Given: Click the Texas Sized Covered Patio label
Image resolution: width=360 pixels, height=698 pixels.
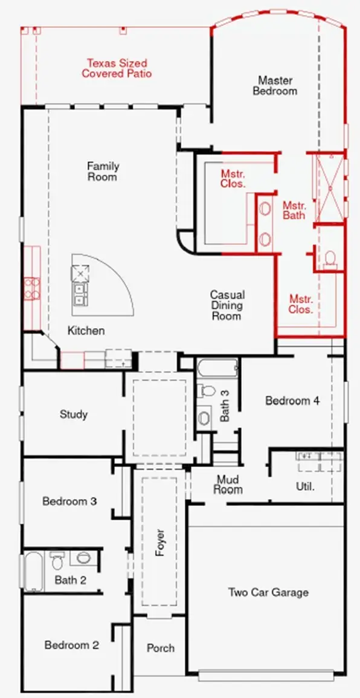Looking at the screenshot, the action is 117,68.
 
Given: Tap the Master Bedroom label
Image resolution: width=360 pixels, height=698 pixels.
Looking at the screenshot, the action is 275,85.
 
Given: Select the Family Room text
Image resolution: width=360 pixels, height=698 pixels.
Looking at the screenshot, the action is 103,172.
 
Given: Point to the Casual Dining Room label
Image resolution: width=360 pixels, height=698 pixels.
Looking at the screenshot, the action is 227,305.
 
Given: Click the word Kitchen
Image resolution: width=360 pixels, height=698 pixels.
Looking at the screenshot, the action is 86,331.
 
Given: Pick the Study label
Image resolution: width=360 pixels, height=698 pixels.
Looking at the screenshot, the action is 74,415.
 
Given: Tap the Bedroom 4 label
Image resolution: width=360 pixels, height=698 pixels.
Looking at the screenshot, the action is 292,401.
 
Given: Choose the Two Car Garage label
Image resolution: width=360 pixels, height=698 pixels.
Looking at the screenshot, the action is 268,592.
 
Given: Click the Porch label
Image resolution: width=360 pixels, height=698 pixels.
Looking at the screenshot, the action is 161,648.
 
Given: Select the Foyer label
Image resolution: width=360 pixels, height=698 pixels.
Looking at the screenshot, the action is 160,543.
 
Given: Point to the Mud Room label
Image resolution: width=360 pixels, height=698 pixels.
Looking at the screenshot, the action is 228,485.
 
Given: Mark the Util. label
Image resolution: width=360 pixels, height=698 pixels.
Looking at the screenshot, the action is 305,486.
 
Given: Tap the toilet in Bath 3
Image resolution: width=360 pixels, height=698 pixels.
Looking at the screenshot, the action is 206,390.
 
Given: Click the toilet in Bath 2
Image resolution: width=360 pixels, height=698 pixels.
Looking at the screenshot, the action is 57,560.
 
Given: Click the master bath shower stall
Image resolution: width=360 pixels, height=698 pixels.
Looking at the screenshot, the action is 330,187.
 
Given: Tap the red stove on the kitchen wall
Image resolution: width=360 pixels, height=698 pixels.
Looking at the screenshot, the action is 31,288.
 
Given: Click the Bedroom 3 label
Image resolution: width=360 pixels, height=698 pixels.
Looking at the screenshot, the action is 69,501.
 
